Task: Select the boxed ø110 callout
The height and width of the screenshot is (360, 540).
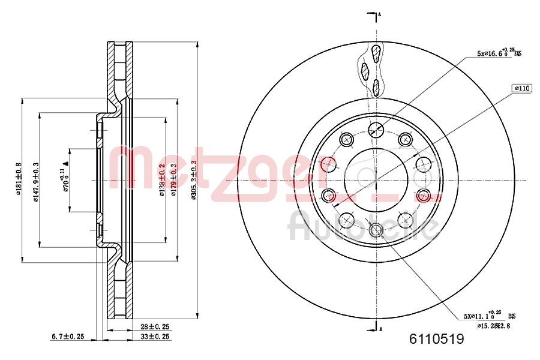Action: (522, 88)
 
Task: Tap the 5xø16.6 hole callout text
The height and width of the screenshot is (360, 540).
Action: (499, 53)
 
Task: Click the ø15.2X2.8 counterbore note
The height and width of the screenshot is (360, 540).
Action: (494, 325)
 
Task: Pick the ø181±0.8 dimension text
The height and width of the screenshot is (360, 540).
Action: (19, 180)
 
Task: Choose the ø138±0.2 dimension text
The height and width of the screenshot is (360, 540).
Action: (161, 180)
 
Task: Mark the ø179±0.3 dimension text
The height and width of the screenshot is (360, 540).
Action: (174, 180)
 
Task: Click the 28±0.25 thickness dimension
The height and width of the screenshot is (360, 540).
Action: (154, 327)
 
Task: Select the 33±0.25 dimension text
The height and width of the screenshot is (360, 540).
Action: (154, 337)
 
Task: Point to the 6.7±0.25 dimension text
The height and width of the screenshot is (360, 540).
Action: (67, 337)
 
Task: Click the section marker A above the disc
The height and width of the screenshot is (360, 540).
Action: (379, 14)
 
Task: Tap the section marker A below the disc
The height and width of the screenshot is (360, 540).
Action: (379, 327)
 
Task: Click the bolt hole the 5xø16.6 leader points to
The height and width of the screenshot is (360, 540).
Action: (376, 128)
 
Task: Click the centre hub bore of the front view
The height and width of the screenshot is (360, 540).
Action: (376, 179)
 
